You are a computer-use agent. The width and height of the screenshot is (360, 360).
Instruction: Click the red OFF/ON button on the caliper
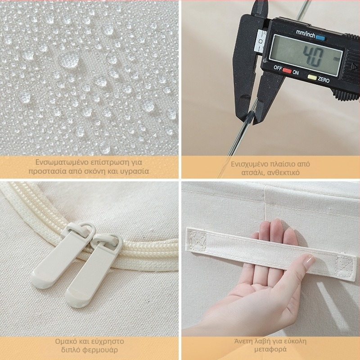click(287, 71)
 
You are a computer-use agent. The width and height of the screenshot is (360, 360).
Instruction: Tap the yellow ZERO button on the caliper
click(312, 77)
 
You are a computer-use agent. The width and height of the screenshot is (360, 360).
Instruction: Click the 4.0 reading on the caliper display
click(313, 57)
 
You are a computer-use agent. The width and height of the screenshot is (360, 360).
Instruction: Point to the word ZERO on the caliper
click(324, 80)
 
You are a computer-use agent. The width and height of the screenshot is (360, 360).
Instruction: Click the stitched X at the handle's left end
click(197, 240)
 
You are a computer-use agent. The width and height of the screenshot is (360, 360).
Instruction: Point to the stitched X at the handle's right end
click(344, 266)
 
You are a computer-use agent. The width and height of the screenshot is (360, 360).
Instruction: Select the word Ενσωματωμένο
click(62, 162)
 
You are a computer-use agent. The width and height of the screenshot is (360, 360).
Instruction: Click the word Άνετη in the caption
click(244, 341)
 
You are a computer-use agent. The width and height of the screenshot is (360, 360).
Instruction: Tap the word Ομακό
click(65, 342)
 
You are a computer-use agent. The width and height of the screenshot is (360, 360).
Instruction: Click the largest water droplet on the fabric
click(69, 60)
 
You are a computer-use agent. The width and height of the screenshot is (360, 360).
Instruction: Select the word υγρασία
click(135, 171)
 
